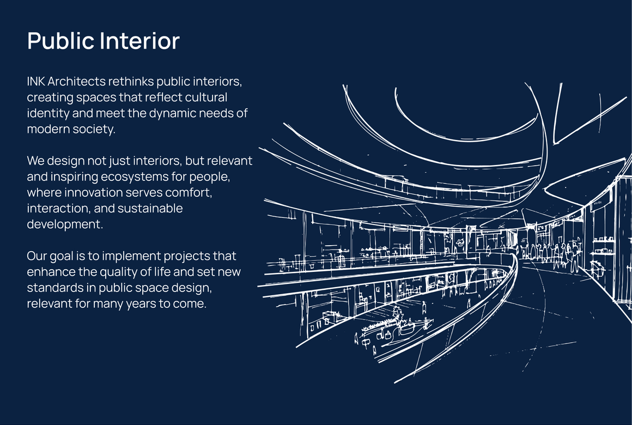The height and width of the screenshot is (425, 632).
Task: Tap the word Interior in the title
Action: coord(139,41)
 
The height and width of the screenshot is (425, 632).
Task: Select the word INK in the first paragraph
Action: coord(36,81)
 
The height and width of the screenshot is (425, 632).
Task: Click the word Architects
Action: coord(77,81)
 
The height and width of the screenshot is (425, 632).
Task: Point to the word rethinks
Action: coord(131,81)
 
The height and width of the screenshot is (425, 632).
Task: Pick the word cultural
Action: coord(206,97)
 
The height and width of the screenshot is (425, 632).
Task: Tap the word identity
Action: coord(48,114)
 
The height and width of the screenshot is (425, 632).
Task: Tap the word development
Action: coord(65,224)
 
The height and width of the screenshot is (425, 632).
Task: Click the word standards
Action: coord(61,288)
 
